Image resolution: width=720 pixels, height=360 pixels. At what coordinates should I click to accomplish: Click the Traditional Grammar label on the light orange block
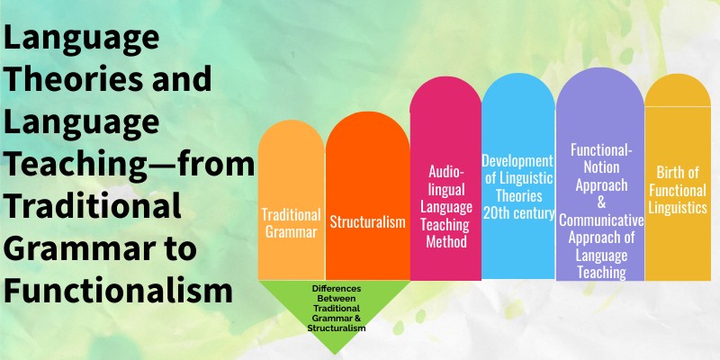[290, 222]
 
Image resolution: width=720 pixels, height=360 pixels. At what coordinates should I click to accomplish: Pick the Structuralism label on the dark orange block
[367, 222]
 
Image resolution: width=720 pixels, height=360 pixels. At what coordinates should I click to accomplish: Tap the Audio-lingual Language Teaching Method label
[445, 206]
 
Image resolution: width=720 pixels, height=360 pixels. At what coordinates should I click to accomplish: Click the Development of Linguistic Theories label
[517, 186]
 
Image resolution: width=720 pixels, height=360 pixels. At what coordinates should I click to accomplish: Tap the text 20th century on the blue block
[517, 212]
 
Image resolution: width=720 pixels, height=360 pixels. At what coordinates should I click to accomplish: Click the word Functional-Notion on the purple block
[599, 157]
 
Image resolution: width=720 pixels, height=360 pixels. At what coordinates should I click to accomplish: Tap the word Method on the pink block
[445, 242]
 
